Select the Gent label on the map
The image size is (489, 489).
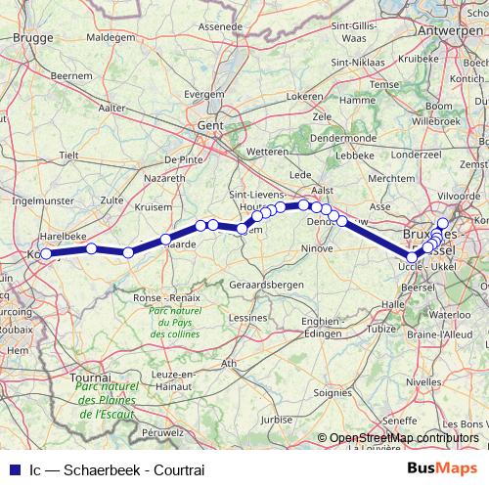click(x=210, y=125)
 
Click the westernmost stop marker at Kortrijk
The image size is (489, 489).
click(x=46, y=254)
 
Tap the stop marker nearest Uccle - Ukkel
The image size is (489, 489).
click(x=413, y=257)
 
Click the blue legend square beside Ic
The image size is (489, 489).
click(x=14, y=469)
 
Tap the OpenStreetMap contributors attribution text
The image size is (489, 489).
click(x=404, y=438)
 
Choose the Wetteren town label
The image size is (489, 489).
click(x=269, y=153)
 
